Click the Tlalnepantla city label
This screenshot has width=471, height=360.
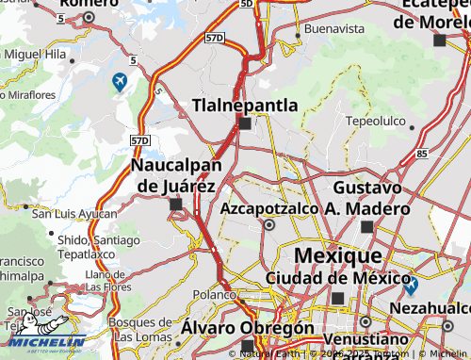click(245, 105)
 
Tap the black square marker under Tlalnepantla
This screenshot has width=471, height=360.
click(245, 123)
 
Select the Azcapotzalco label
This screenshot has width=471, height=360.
click(271, 208)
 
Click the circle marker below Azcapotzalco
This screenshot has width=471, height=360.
click(269, 225)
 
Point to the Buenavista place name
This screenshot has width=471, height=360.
click(334, 29)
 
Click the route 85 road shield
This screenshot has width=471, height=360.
click(421, 153)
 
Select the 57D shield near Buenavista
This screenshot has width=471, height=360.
click(215, 38)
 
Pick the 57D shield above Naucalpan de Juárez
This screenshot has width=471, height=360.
click(140, 139)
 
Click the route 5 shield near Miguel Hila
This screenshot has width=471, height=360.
click(135, 60)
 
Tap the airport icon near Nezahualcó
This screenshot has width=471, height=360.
click(411, 284)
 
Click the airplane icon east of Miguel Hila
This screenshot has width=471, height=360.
click(120, 83)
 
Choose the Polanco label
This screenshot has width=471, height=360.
click(213, 295)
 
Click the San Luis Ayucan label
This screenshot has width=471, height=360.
click(74, 214)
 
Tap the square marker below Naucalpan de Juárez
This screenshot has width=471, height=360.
click(175, 204)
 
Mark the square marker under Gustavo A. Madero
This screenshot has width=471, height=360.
click(366, 226)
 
